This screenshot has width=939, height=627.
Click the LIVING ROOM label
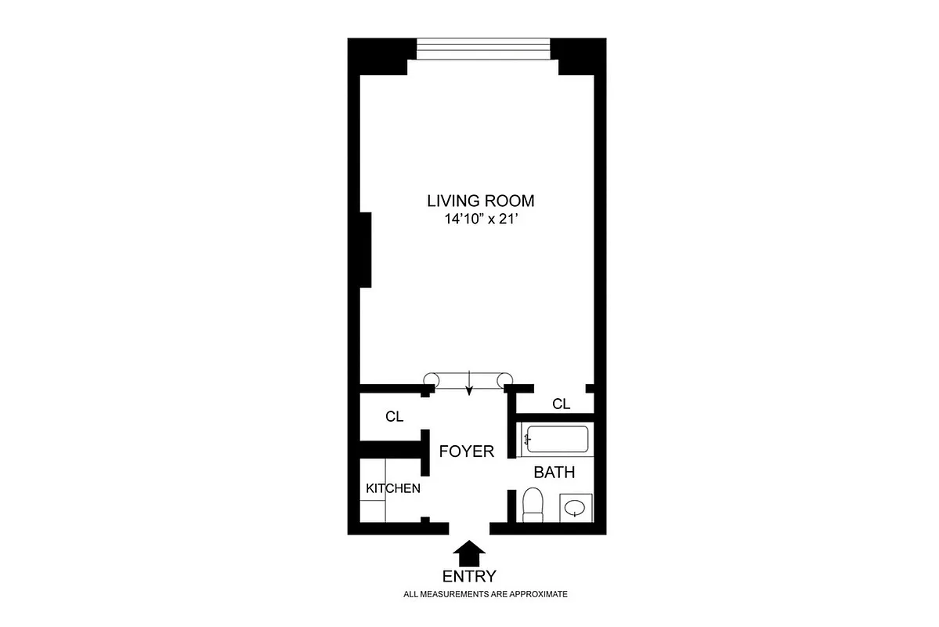pos(480,201)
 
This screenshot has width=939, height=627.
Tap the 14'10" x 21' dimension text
pos(480,220)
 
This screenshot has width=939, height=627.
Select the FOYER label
pos(466,451)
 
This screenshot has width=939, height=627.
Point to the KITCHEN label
pos(393,488)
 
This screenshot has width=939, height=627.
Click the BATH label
pos(554,473)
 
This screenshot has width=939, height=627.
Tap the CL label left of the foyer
pos(394,417)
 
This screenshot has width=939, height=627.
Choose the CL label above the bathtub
pos(561,404)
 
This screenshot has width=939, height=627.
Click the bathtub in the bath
pos(555,440)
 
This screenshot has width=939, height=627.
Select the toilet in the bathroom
pos(533,505)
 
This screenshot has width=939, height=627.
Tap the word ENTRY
pos(469,577)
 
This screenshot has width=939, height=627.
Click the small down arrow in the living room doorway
pos(468,383)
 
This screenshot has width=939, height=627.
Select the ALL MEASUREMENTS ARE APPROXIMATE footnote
pos(485,595)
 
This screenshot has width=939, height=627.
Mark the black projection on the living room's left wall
pos(365,249)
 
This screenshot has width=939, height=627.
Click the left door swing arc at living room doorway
pos(430,380)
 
